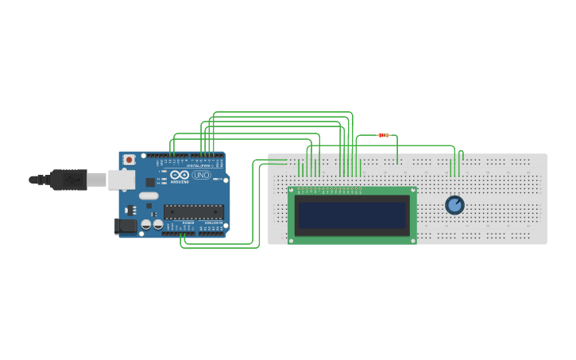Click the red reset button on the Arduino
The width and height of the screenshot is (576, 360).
[x=129, y=160]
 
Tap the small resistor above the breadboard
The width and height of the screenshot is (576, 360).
[x=384, y=135]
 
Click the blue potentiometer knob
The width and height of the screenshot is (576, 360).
[x=454, y=205]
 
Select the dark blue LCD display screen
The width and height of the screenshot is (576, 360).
[x=351, y=215]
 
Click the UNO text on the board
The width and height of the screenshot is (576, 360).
[x=202, y=175]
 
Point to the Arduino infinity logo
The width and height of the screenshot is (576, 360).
[x=180, y=175]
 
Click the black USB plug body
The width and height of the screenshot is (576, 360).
[x=68, y=180]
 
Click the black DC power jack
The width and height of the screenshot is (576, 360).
[x=125, y=226]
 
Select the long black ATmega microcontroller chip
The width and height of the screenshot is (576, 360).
[x=193, y=211]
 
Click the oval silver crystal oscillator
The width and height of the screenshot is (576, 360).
[x=149, y=195]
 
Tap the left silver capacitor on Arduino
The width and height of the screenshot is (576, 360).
[x=146, y=225]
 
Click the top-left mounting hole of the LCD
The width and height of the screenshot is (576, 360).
[x=292, y=191]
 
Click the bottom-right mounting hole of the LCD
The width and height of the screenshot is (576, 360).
[x=412, y=239]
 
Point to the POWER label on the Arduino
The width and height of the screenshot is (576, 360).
[x=188, y=223]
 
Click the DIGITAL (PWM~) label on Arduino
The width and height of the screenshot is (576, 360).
[x=199, y=165]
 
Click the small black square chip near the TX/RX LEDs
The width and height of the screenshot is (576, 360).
[x=150, y=182]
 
